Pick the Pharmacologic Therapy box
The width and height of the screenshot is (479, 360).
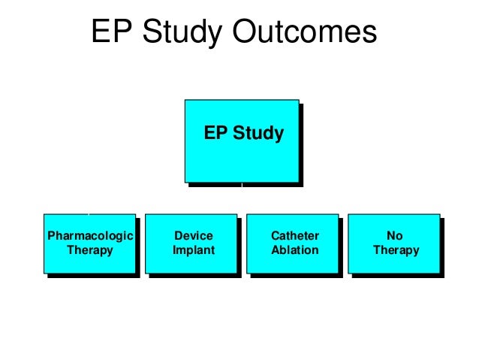click(x=90, y=243)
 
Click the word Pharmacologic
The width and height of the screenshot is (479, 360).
click(x=90, y=236)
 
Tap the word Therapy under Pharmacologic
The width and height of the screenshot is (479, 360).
click(x=90, y=250)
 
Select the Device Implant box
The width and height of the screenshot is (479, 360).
click(x=192, y=243)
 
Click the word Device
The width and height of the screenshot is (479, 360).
click(x=193, y=236)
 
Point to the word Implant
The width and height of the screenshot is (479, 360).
click(x=193, y=250)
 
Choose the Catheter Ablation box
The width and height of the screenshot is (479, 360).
click(x=294, y=243)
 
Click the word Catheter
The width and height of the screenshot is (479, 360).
click(x=294, y=236)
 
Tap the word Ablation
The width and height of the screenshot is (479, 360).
click(x=294, y=250)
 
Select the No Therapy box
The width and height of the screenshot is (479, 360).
click(x=395, y=243)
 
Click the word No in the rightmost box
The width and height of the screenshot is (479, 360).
click(x=396, y=236)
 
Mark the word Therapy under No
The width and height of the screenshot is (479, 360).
click(x=396, y=250)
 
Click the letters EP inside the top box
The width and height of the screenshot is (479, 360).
click(x=215, y=135)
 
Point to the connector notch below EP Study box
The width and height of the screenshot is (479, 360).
click(x=242, y=183)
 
